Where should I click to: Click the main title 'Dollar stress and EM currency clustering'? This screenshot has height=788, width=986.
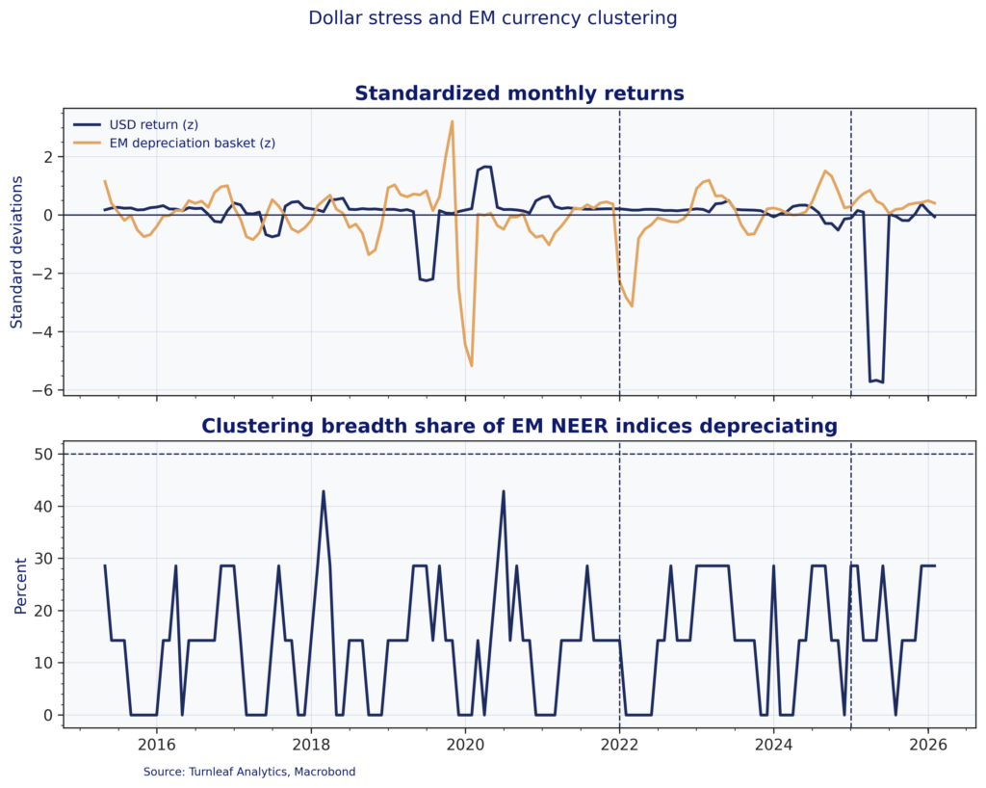(x=492, y=18)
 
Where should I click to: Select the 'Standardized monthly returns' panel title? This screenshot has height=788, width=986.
(x=519, y=93)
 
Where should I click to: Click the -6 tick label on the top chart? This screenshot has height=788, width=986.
(x=44, y=390)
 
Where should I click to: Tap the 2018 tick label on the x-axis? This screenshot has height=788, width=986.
(x=310, y=744)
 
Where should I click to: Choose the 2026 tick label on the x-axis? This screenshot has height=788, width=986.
(x=928, y=744)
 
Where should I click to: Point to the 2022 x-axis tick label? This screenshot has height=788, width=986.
(x=619, y=744)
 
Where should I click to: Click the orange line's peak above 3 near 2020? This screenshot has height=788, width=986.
(x=452, y=121)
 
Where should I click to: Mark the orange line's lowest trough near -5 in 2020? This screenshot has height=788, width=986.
(x=472, y=365)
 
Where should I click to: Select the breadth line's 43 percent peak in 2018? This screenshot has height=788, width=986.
(x=324, y=491)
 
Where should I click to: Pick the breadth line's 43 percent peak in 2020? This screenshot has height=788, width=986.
(x=504, y=491)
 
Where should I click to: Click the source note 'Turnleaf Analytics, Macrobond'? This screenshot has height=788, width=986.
(x=250, y=772)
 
